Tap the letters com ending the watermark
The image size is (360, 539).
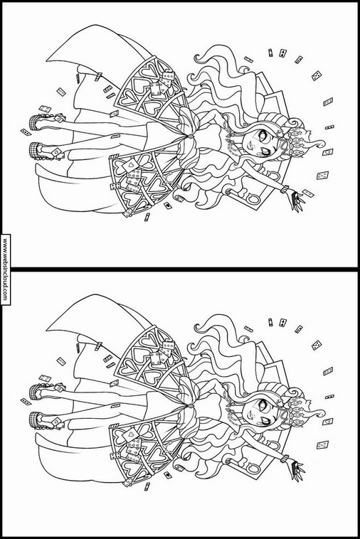tap(5, 296)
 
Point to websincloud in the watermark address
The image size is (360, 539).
tap(5, 269)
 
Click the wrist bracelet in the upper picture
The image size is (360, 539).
tap(285, 189)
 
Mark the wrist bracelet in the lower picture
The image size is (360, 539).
tap(285, 459)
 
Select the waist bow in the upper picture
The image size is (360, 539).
tap(189, 137)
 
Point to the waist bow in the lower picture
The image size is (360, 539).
tap(189, 406)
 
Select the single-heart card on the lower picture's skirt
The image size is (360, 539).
tap(131, 436)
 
